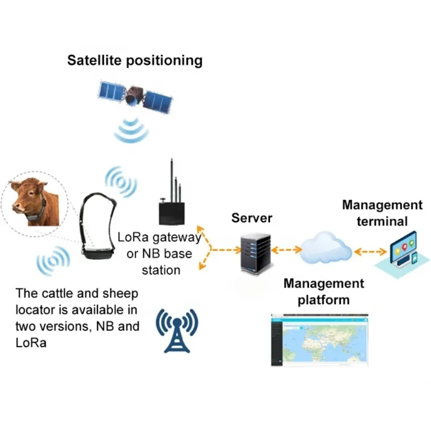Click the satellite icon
(134, 96)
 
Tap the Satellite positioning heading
(134, 60)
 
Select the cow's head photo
(32, 201)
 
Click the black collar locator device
(96, 227)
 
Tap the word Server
(252, 218)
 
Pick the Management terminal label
(382, 213)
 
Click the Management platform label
(323, 291)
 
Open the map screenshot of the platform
(319, 339)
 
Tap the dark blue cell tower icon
(176, 329)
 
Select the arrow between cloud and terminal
(369, 250)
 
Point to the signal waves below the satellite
(132, 132)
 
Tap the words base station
(161, 261)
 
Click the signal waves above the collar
(120, 182)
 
